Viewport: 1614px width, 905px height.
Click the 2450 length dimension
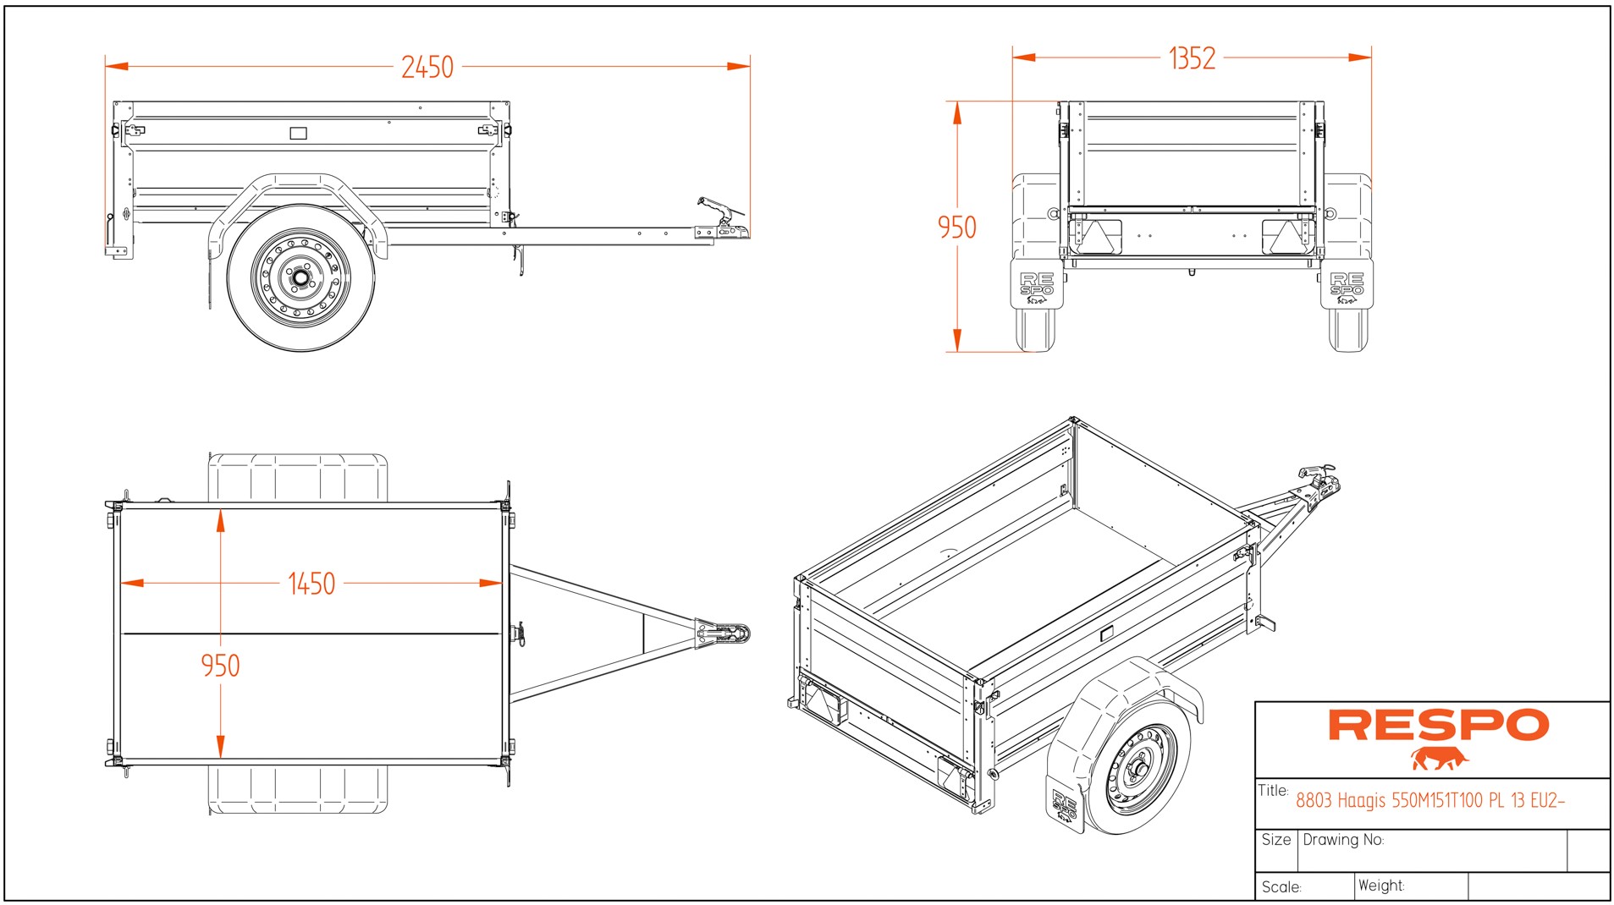[427, 67]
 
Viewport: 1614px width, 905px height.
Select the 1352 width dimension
[1192, 58]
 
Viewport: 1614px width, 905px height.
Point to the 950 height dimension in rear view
[956, 228]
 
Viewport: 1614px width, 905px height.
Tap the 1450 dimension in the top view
[311, 584]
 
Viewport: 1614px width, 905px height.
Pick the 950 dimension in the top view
[220, 666]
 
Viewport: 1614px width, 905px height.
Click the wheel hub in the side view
[300, 277]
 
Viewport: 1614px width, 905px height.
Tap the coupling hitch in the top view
[723, 633]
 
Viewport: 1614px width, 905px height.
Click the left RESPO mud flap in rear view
[1037, 285]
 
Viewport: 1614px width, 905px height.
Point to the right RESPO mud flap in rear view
[1347, 285]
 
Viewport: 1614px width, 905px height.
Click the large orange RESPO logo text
[1438, 726]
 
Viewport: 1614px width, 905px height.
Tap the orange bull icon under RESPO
[1438, 759]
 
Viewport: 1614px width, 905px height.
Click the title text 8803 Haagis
[1429, 800]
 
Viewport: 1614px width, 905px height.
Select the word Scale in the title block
[1281, 887]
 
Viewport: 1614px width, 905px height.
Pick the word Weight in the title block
[1380, 886]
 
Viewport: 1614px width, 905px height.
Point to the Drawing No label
[1343, 840]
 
